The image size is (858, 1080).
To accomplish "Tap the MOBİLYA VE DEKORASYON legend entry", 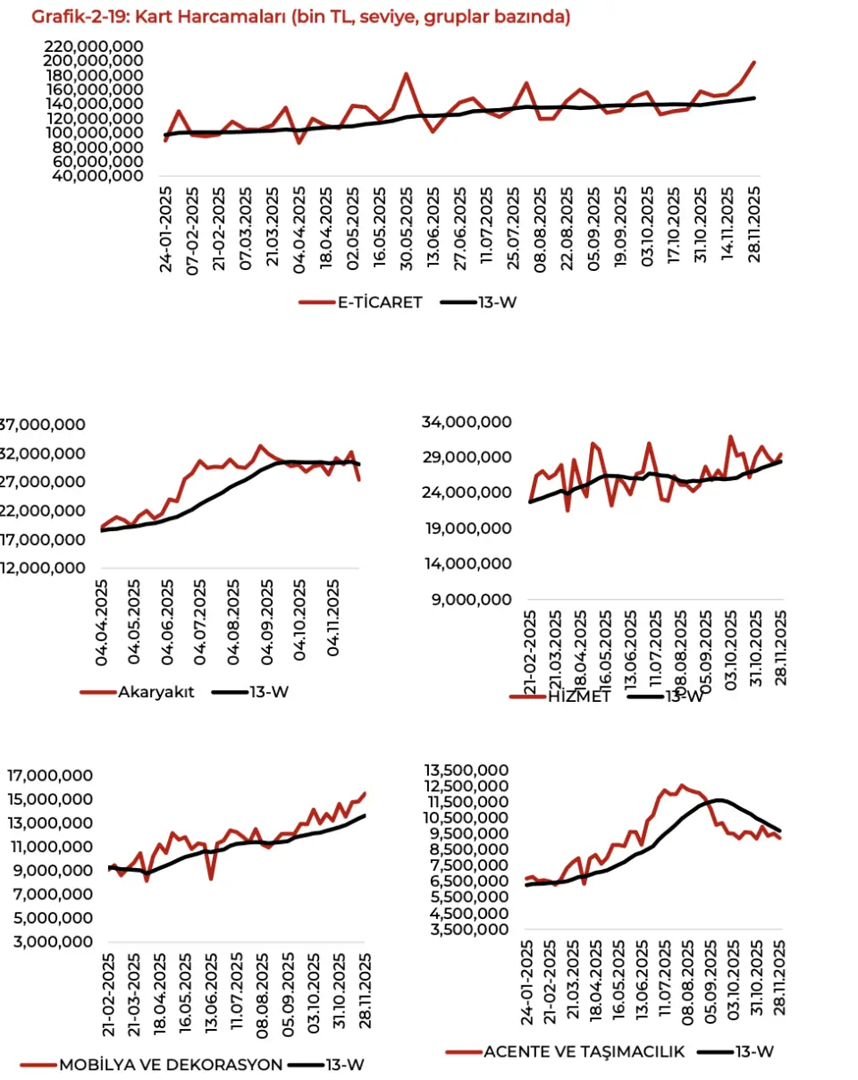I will coord(170,1064).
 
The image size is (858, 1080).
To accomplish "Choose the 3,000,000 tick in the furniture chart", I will coord(53,942).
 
